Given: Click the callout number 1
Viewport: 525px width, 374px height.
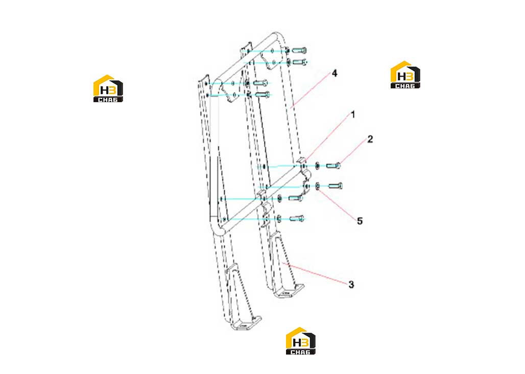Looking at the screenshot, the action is (352, 115).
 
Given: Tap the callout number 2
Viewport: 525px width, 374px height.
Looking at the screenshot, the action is (370, 139).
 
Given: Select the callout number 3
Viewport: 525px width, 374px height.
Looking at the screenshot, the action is (351, 285).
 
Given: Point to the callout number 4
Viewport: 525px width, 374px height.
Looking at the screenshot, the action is (335, 74).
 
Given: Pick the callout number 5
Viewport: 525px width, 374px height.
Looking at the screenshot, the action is (360, 221).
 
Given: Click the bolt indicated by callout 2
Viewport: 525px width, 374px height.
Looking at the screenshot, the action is (333, 166).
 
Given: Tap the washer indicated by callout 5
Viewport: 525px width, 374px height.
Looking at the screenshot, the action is (318, 186).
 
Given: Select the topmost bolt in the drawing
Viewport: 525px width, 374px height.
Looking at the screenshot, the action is (299, 51).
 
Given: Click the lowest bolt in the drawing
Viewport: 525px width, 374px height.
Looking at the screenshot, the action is (297, 219).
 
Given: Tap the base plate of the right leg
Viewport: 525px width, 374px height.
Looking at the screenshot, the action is (289, 291).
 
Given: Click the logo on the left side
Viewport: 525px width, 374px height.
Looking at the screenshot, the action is (108, 88).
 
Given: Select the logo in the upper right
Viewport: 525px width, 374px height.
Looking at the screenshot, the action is (405, 75).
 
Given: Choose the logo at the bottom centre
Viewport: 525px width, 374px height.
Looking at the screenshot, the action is (300, 341).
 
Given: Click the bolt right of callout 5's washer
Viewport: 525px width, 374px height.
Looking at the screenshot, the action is (336, 186).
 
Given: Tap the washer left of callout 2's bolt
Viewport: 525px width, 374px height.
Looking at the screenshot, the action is (318, 166).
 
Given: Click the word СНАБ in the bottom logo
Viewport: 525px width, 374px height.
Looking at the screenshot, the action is (300, 352).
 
